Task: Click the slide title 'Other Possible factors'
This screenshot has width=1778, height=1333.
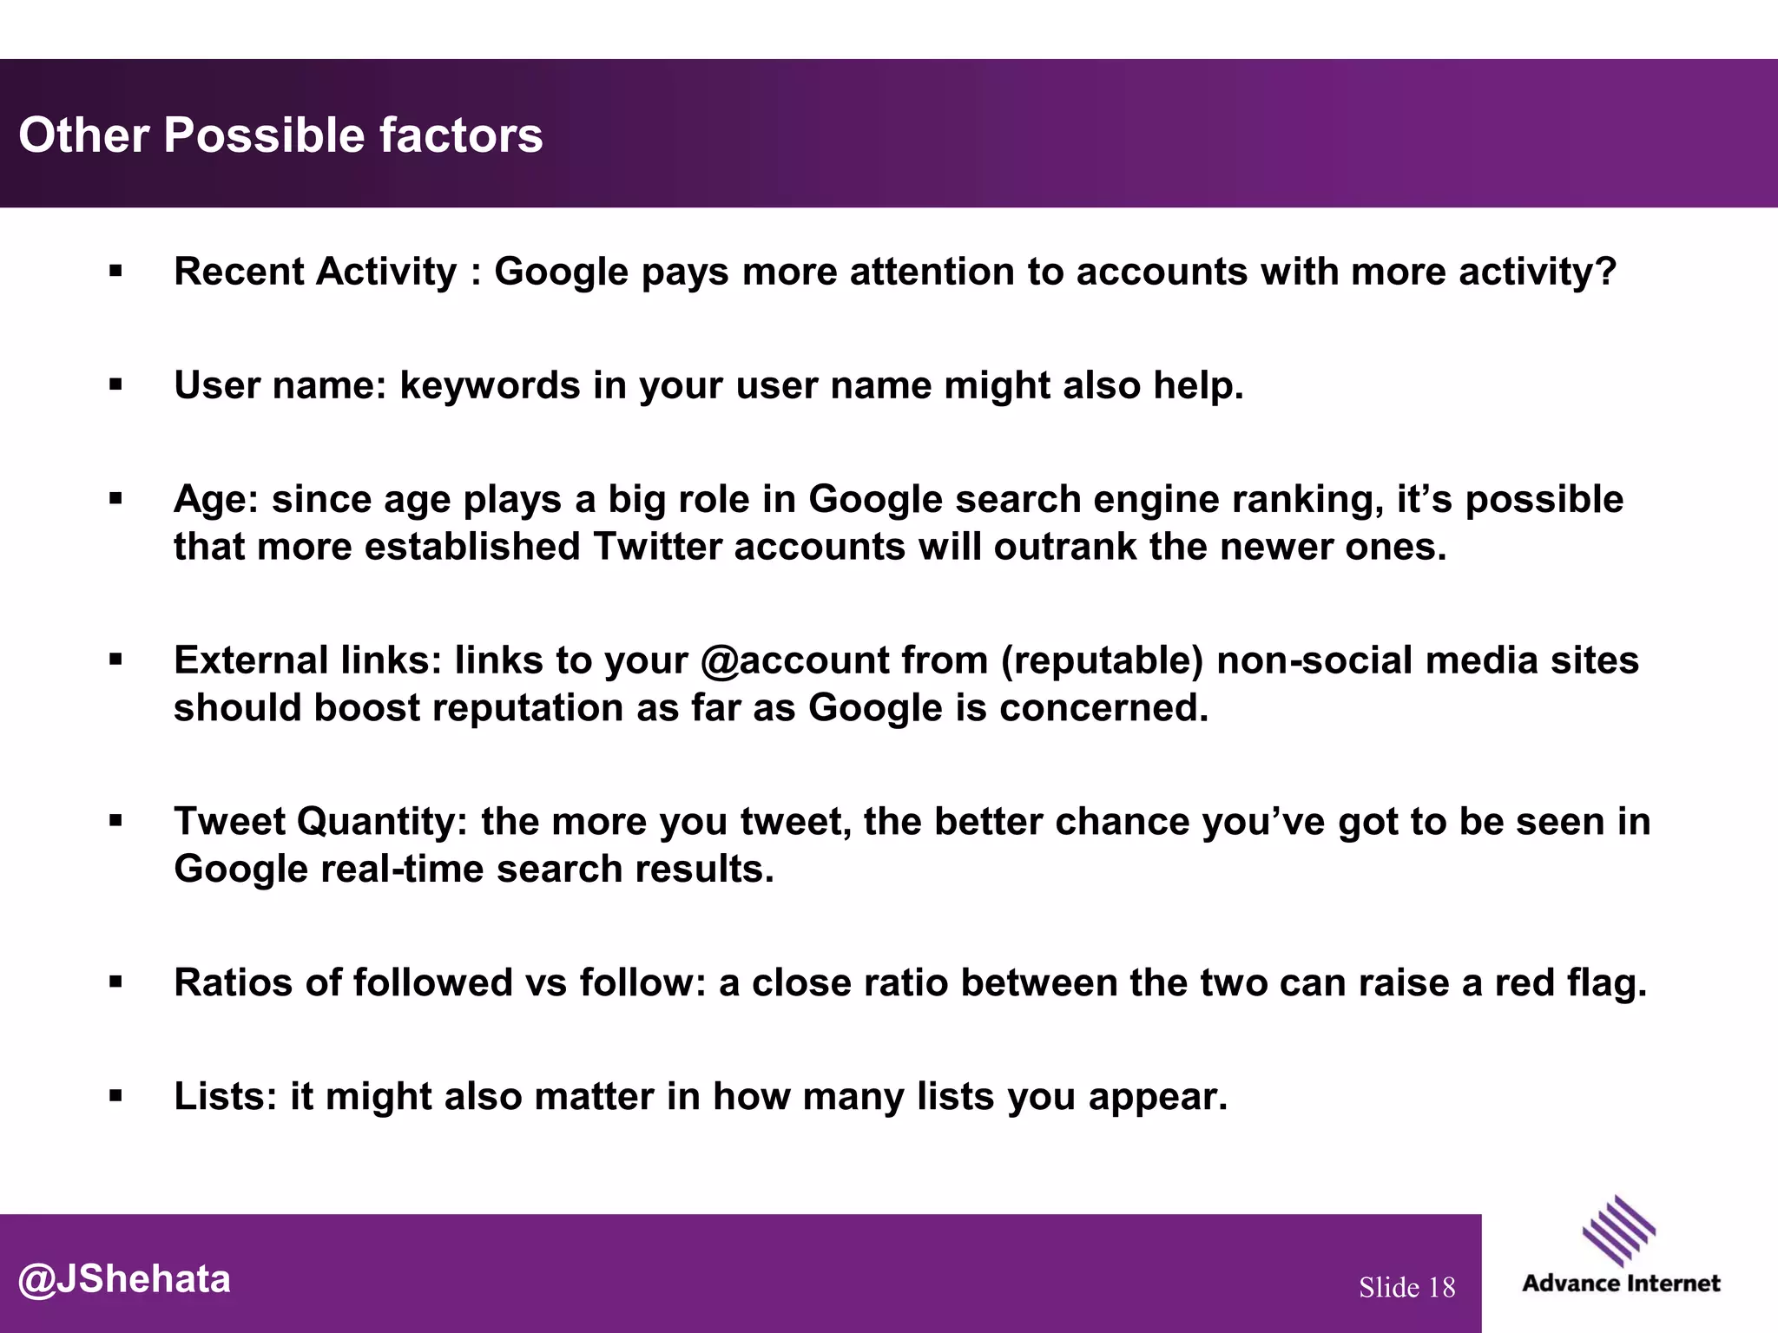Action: [280, 135]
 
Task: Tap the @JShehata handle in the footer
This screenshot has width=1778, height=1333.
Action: [124, 1279]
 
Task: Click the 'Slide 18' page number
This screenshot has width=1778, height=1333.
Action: [1406, 1287]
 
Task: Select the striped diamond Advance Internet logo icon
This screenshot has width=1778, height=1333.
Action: [1618, 1231]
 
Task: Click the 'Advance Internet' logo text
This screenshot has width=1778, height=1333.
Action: [1620, 1284]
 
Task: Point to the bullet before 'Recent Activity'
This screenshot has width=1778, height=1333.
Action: [115, 273]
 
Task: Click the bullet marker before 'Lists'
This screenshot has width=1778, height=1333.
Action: [115, 1097]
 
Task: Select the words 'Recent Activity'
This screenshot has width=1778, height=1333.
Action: [315, 272]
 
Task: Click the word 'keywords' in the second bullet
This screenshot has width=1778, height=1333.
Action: [490, 385]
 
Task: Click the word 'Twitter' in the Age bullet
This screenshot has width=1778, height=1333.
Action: [657, 547]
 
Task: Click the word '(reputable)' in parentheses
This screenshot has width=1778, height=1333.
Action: [1102, 660]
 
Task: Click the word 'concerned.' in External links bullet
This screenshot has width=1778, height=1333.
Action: [1103, 708]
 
